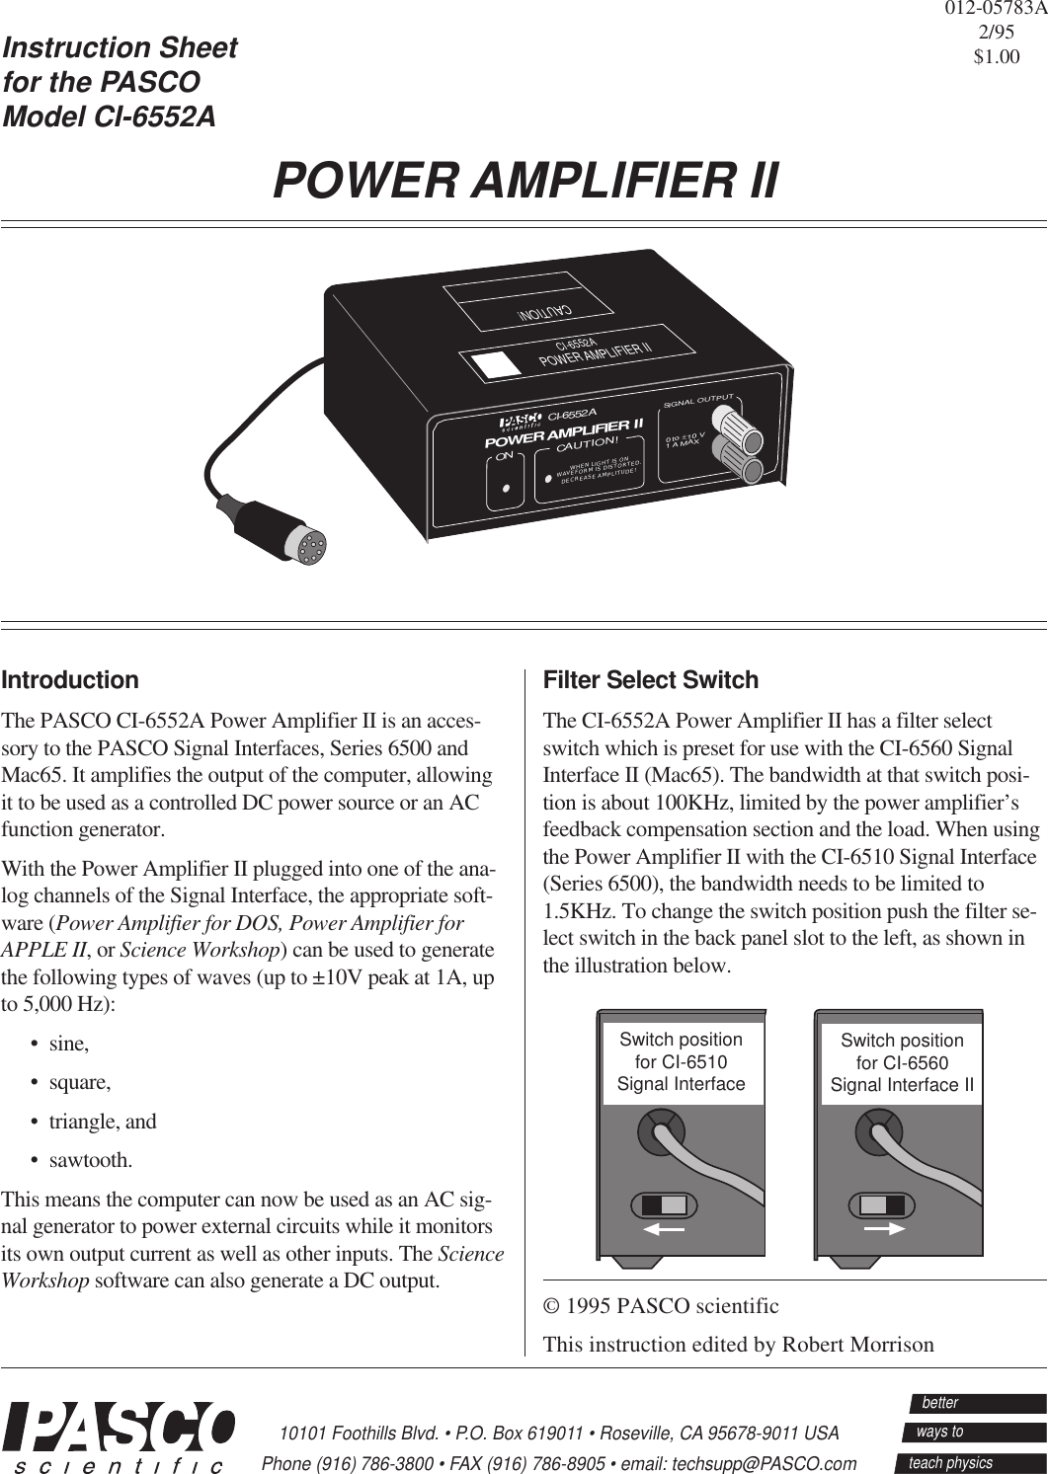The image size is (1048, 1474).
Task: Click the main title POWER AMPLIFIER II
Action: tap(524, 181)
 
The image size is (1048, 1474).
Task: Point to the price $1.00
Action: tap(997, 57)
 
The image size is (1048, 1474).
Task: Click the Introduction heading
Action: tap(70, 680)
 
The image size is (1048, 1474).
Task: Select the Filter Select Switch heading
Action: tap(652, 680)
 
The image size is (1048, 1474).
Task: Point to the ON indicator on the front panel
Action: tap(506, 488)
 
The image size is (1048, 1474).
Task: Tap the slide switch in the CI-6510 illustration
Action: tap(664, 1205)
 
